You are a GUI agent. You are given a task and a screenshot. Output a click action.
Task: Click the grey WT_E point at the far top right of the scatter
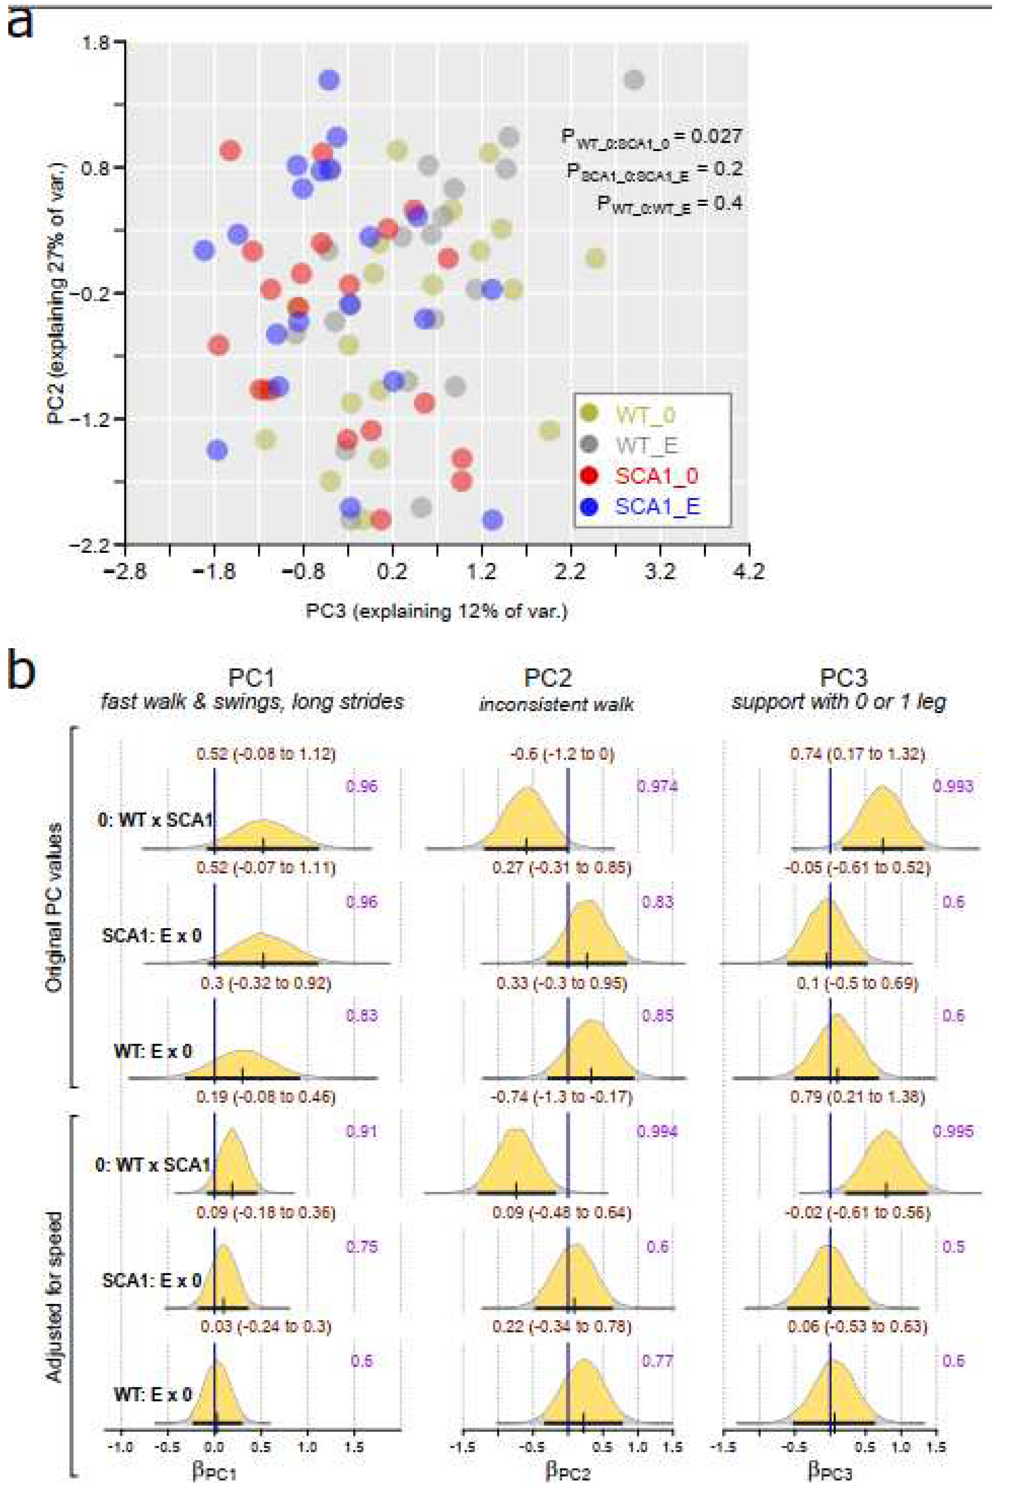click(x=633, y=80)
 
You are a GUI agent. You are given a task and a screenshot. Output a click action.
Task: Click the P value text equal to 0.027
click(x=651, y=136)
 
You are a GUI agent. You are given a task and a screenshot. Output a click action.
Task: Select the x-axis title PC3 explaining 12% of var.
click(x=436, y=611)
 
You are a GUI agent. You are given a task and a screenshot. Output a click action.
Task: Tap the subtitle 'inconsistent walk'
click(x=556, y=705)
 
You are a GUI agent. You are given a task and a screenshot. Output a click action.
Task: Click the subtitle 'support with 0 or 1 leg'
click(x=839, y=703)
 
